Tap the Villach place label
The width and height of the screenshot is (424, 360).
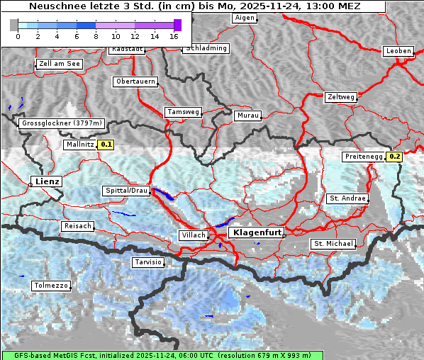193,235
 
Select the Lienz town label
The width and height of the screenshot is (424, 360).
47,181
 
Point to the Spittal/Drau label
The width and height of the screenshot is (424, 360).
126,191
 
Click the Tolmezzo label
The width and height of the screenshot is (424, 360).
51,286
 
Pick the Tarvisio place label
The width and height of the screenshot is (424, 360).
148,262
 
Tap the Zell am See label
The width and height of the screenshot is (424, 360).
59,64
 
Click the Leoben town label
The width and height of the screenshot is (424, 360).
398,51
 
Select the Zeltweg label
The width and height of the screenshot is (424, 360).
341,96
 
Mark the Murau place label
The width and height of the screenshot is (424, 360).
248,115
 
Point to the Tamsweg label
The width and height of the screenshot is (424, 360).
183,112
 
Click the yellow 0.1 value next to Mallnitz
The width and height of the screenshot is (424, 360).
106,145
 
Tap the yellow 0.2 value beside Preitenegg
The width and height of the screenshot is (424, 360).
395,157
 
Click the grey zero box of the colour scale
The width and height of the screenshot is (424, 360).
14,25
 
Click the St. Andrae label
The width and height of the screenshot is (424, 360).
347,198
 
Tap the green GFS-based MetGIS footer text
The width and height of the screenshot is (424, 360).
162,355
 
